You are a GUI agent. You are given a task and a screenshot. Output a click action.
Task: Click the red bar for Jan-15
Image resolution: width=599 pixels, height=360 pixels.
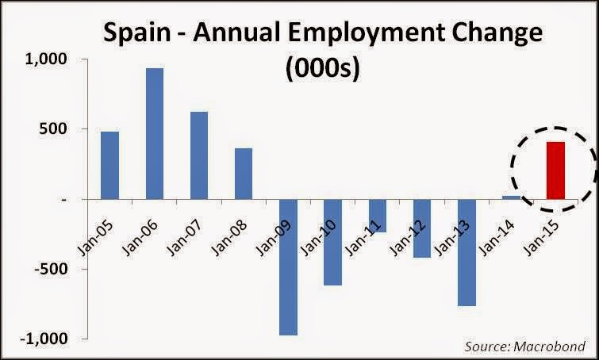[555, 170]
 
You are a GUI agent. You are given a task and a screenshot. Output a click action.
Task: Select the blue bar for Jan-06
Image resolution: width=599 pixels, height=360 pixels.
[155, 133]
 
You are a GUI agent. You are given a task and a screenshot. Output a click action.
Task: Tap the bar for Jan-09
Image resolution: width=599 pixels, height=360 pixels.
[288, 266]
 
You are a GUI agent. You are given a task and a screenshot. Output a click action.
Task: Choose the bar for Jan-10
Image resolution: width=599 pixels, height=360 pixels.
[332, 242]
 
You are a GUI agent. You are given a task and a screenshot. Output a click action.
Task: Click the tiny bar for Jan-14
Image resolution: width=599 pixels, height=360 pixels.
[511, 197]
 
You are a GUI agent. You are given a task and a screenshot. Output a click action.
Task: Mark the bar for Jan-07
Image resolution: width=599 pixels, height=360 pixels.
[199, 155]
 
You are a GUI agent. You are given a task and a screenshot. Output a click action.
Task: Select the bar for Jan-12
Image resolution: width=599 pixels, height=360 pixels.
[422, 228]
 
